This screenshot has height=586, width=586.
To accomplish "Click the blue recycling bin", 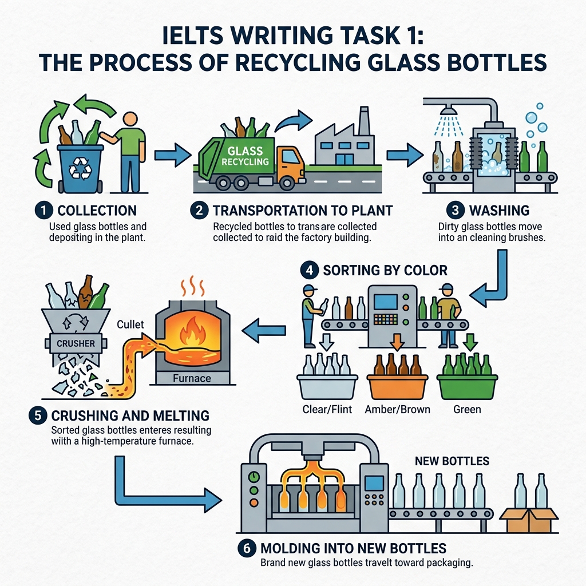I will tap(81, 168).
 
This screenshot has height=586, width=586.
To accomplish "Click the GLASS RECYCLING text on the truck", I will tap(244, 157).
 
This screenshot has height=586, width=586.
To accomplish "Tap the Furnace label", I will tap(192, 378).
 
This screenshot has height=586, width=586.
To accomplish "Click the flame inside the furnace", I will tap(189, 334).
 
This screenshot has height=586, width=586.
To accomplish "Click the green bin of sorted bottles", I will tap(467, 386).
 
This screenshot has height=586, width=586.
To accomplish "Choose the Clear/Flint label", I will tap(327, 410).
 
